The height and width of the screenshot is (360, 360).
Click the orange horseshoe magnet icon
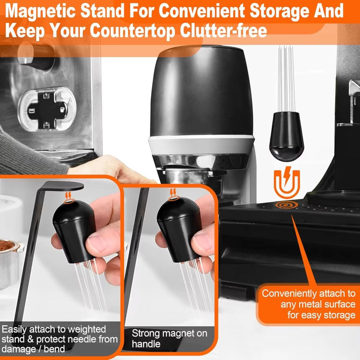coord(287,183)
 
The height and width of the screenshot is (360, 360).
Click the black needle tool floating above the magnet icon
coord(286,100)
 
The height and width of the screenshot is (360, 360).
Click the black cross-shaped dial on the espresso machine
coord(48,110)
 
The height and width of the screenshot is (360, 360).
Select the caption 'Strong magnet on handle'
coord(170,338)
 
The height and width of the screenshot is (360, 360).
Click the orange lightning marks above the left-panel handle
coord(68,196)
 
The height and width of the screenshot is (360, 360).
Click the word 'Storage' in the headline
coord(279,11)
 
